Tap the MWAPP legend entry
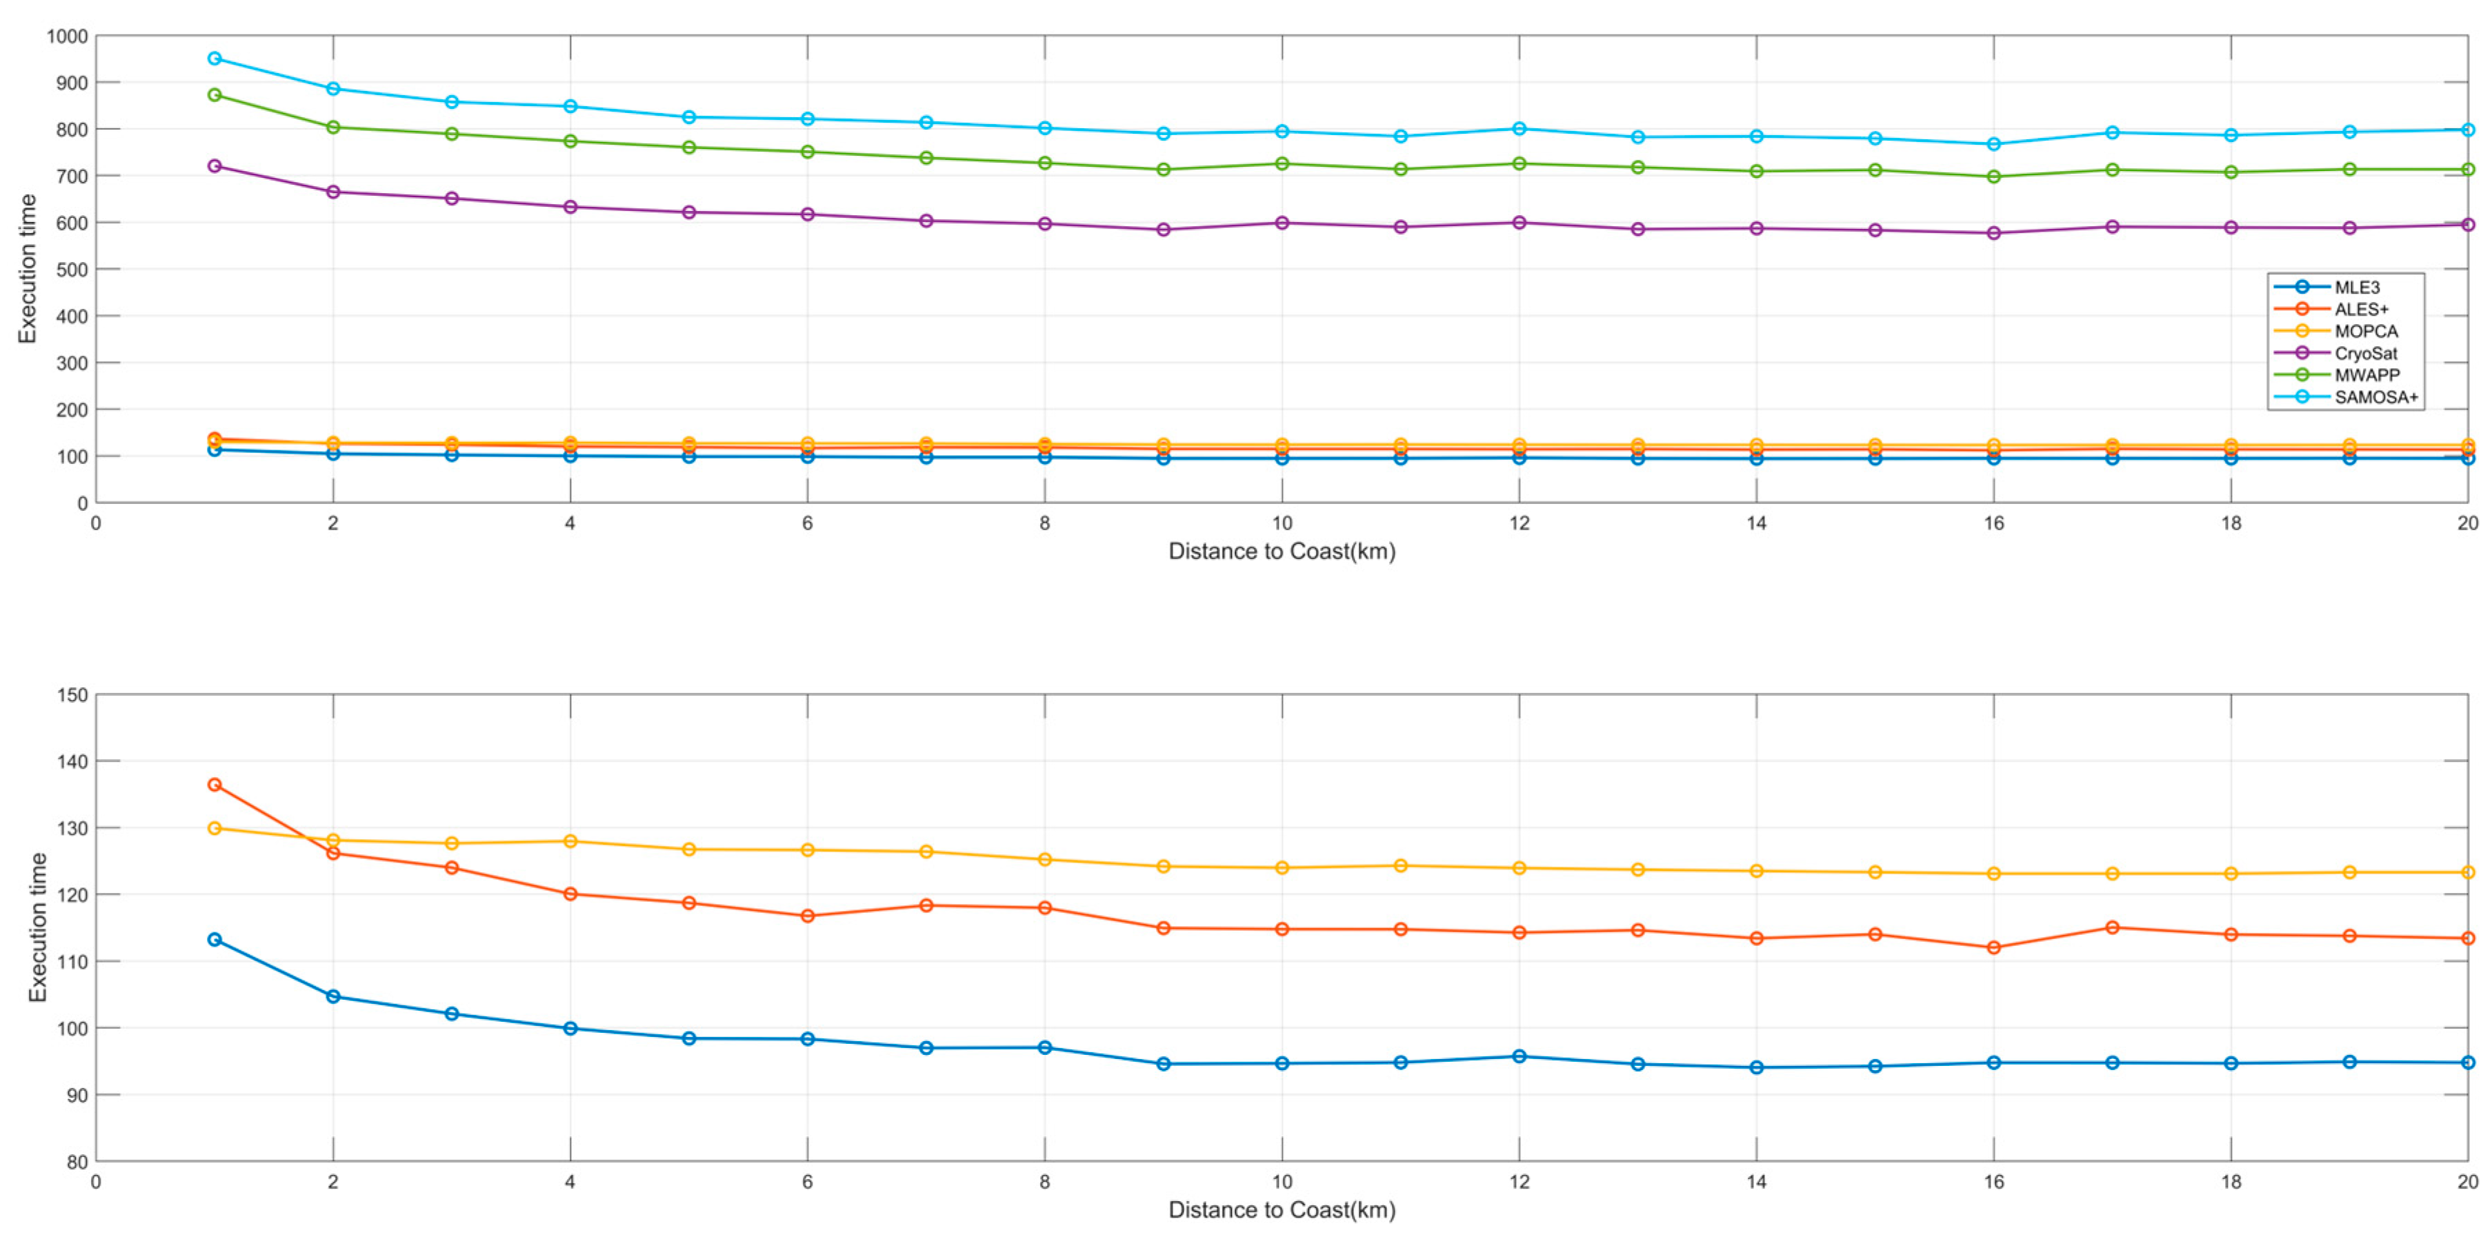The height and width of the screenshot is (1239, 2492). point(2366,375)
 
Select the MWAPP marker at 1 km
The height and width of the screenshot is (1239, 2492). point(215,94)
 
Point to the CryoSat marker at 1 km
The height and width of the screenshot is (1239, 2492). point(215,166)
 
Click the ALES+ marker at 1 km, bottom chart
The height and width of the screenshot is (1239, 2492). point(215,785)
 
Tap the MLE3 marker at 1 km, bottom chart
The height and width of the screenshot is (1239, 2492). point(215,939)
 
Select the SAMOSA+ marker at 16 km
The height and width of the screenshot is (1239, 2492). point(1994,144)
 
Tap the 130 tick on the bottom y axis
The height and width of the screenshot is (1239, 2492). point(72,829)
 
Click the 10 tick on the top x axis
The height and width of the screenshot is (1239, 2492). point(1282,523)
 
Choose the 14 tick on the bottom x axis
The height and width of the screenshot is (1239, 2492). point(1757,1182)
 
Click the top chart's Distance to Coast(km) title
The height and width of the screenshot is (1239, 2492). point(1282,552)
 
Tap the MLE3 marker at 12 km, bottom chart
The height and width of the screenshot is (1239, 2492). point(1519,1056)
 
